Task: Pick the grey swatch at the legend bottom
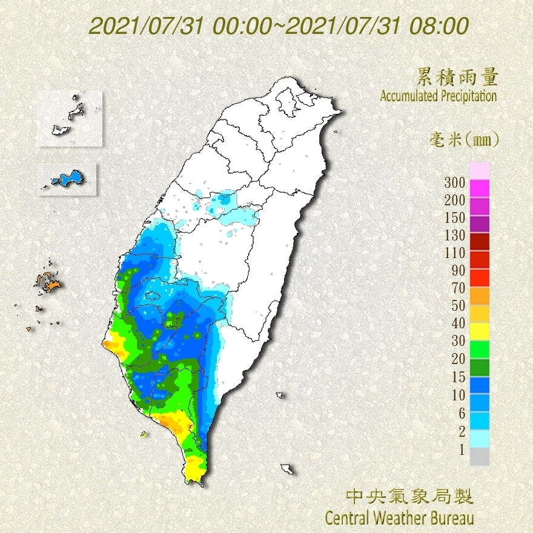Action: tap(480, 456)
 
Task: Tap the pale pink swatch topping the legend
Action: tap(480, 171)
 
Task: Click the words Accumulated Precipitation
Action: tap(438, 96)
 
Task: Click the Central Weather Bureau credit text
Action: tap(399, 518)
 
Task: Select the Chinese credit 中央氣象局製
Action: tap(409, 497)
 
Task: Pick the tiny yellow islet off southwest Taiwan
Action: tap(144, 434)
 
